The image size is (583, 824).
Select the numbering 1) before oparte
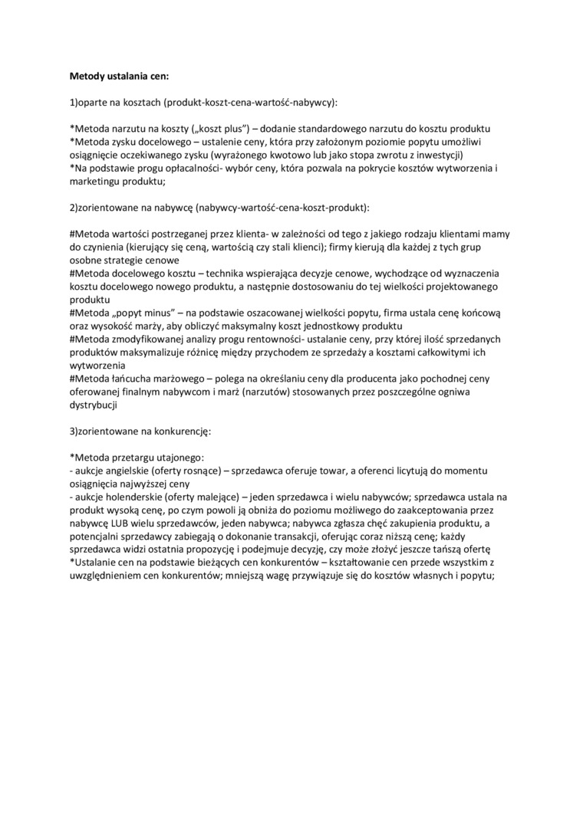coord(74,102)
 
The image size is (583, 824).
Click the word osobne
coord(87,261)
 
